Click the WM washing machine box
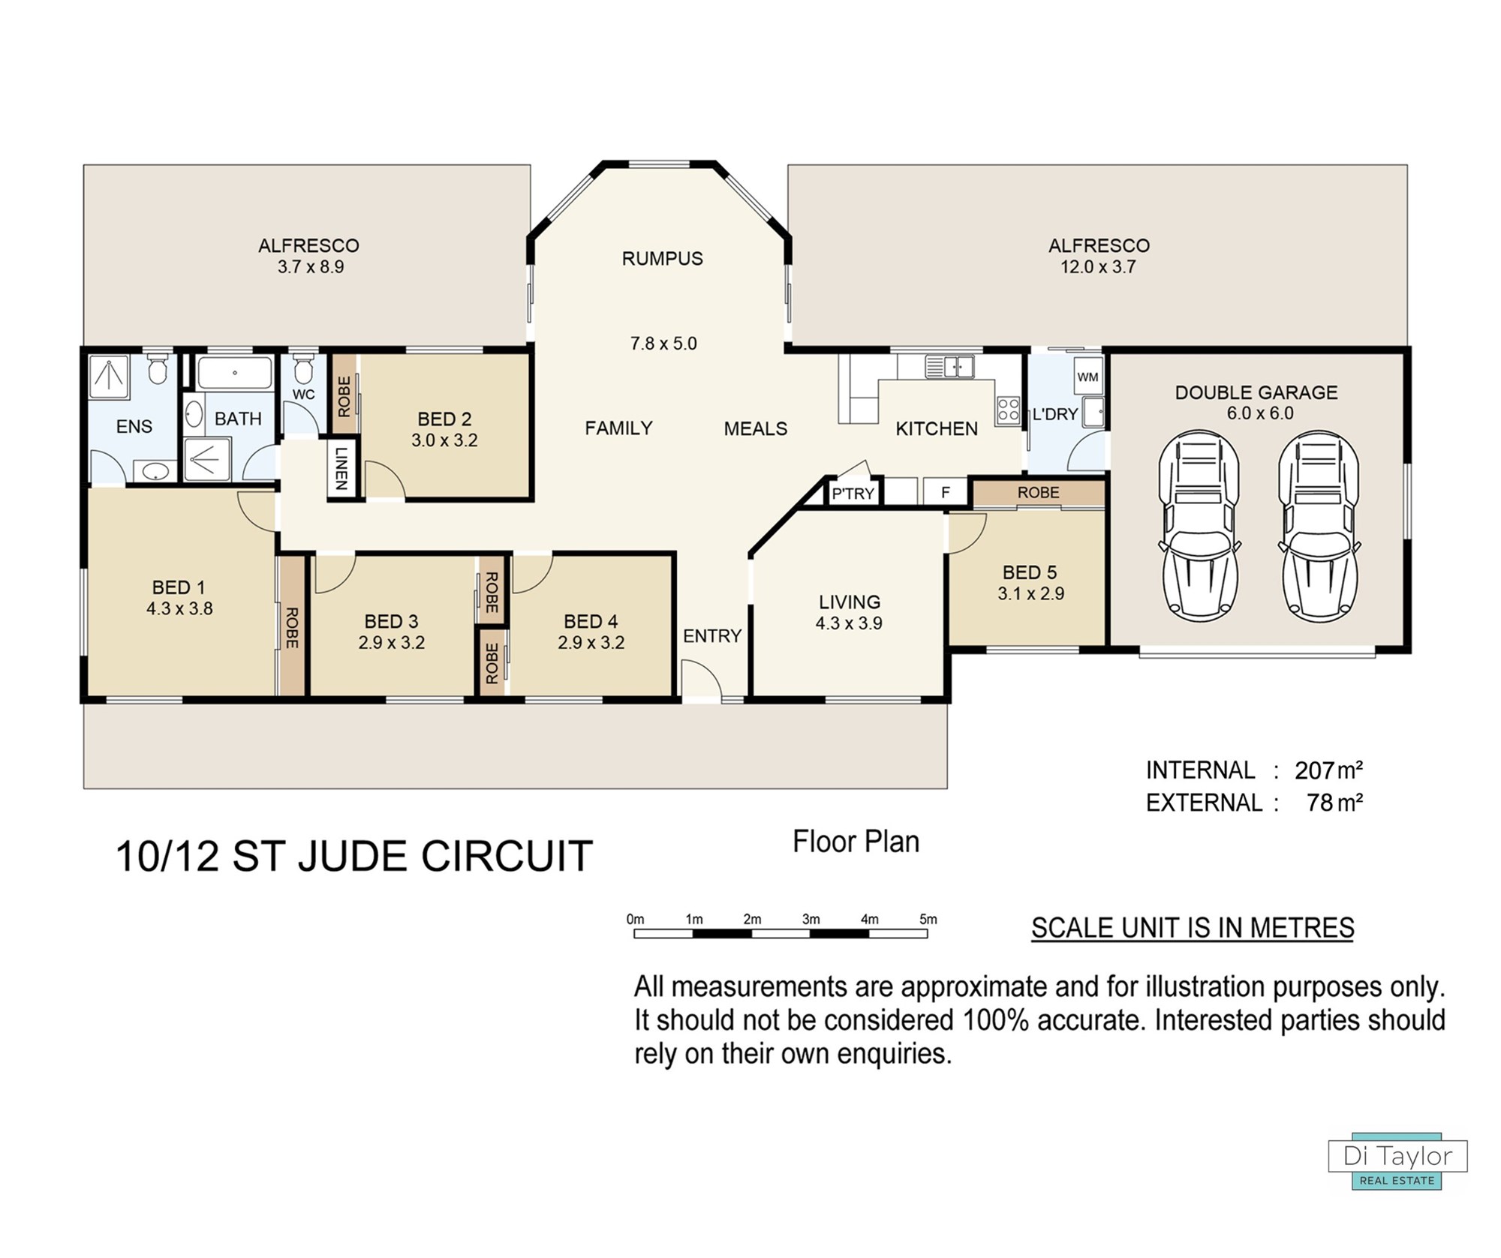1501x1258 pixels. point(1087,377)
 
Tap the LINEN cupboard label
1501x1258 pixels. point(341,469)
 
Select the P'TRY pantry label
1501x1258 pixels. point(853,493)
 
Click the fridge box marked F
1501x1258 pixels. point(945,492)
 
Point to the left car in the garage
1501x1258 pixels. point(1199,526)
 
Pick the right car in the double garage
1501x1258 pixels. point(1319,526)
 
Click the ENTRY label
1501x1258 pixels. point(712,636)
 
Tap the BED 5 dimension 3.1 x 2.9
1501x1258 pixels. point(1030,593)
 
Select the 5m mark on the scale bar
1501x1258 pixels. point(928,920)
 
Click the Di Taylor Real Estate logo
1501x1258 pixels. point(1397,1160)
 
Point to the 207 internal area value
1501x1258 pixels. point(1314,770)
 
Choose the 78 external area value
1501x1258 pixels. point(1320,803)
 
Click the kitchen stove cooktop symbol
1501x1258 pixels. point(1008,410)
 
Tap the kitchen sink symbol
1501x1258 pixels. point(950,367)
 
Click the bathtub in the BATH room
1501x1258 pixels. point(235,373)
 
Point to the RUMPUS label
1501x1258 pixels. point(663,259)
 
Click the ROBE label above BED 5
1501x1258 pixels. point(1039,493)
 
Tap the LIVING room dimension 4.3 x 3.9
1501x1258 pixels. point(850,623)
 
